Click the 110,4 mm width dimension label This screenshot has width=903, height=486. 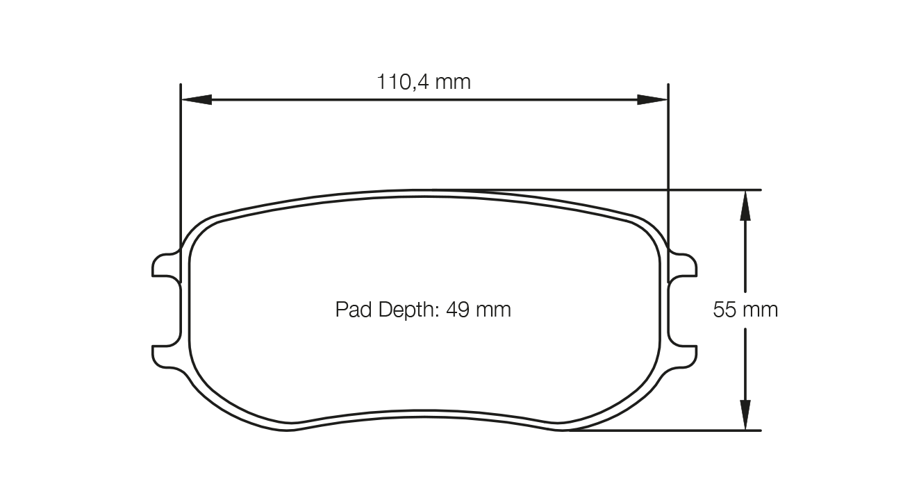[424, 82]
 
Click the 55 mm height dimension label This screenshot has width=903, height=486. [745, 310]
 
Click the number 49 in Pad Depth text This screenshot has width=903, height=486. [458, 309]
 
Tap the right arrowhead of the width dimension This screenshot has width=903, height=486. [652, 100]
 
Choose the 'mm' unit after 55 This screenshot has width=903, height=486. [762, 310]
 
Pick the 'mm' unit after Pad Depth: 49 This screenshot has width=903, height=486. [495, 309]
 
